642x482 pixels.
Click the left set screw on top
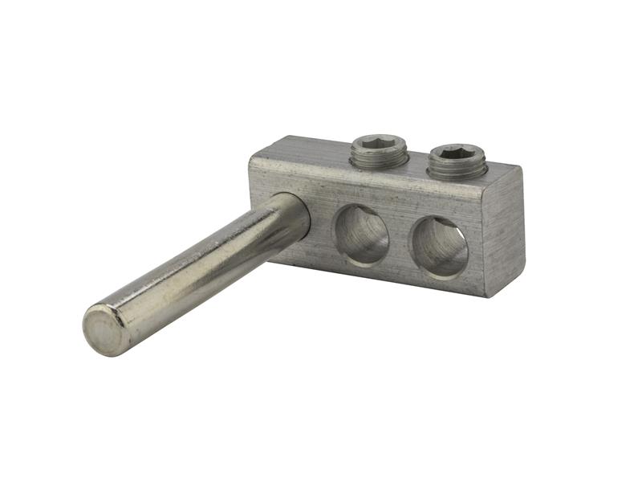379,150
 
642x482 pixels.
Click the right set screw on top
455,161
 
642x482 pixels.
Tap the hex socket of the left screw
380,144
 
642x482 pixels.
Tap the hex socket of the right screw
456,153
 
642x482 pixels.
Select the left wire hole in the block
361,235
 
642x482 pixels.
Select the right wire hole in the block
439,247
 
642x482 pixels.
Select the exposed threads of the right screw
455,171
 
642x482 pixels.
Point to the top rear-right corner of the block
521,167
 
